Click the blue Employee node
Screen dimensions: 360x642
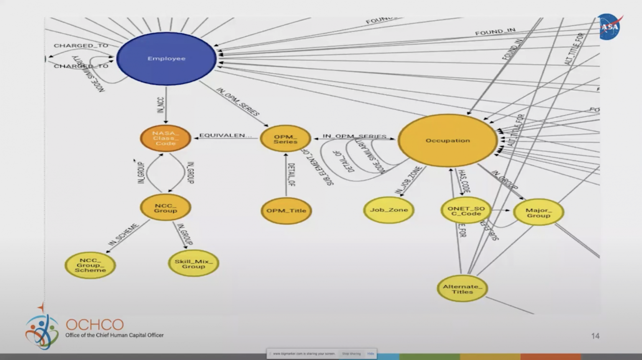click(x=166, y=59)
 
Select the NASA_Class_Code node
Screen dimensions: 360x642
click(x=166, y=138)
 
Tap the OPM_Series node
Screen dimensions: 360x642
click(x=285, y=139)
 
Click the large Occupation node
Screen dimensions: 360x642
click(x=447, y=140)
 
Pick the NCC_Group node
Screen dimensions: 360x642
click(x=166, y=208)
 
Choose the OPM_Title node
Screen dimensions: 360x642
click(x=286, y=211)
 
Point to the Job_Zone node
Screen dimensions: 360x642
click(x=389, y=210)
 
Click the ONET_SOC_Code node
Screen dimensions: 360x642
click(x=466, y=211)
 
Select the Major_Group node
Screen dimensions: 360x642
click(x=538, y=213)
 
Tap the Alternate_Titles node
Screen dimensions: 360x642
click(x=462, y=289)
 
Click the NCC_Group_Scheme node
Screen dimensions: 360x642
click(x=90, y=265)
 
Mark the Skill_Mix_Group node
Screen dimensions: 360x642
click(x=194, y=264)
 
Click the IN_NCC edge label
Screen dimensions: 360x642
click(x=161, y=105)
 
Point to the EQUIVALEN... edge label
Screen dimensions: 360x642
click(x=225, y=135)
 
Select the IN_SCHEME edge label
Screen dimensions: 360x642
click(x=123, y=235)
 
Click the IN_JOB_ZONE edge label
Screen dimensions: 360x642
click(x=408, y=180)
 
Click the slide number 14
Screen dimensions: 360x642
click(x=595, y=336)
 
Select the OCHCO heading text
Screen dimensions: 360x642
click(x=95, y=325)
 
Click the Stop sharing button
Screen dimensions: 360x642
click(x=351, y=354)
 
